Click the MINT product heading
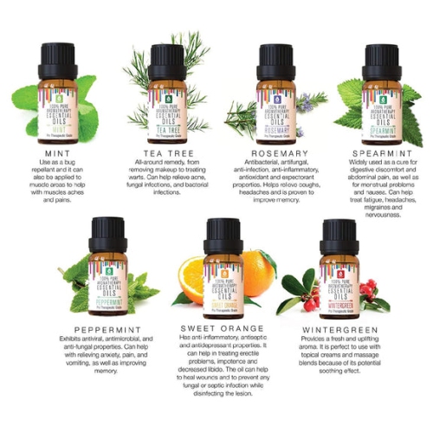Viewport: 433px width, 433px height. (x=55, y=150)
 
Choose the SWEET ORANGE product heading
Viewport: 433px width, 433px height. (x=223, y=327)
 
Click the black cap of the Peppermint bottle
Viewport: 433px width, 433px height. (x=108, y=234)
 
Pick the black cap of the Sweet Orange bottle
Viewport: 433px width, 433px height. (x=223, y=235)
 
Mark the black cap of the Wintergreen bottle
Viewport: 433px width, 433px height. (x=339, y=235)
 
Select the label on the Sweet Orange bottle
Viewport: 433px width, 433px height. (x=223, y=287)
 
